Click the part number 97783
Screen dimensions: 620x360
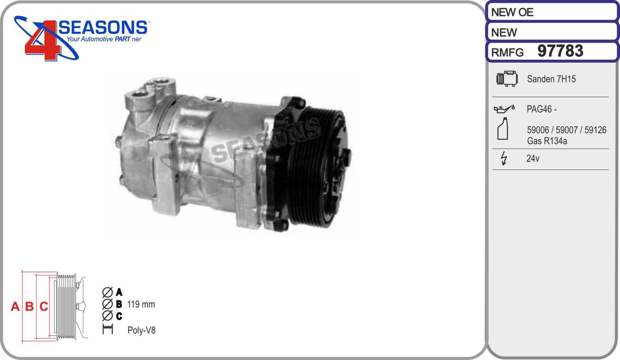[x=560, y=51]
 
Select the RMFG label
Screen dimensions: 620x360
[x=507, y=53]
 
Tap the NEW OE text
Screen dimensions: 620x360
[x=512, y=12]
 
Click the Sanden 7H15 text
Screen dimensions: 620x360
[x=551, y=79]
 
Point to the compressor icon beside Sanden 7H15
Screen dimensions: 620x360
[x=507, y=79]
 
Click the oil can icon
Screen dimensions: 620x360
[x=504, y=109]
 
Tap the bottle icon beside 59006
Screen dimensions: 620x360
[x=503, y=129]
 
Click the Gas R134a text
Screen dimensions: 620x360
[x=547, y=141]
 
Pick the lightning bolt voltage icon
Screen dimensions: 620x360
[x=504, y=158]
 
